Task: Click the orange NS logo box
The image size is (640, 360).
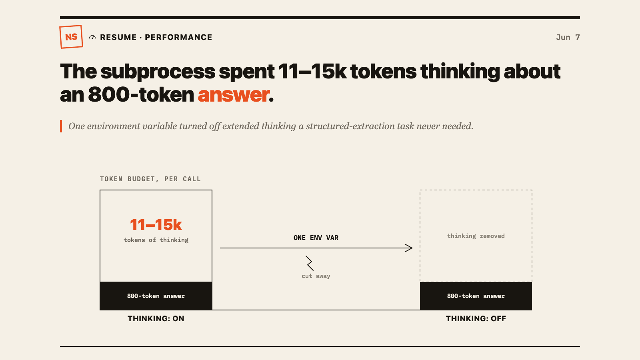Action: (x=71, y=37)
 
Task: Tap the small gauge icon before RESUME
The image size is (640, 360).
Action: (x=92, y=38)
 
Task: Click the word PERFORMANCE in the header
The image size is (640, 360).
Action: (x=178, y=38)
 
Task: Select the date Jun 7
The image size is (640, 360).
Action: (x=568, y=38)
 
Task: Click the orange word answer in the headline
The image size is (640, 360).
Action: (x=234, y=94)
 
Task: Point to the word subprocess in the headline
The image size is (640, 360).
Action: (x=158, y=72)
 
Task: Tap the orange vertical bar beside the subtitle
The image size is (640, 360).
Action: (x=61, y=126)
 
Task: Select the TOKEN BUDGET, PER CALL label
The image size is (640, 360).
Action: (x=150, y=179)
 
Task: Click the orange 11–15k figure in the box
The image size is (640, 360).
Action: (x=156, y=225)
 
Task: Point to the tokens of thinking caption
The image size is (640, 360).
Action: (x=156, y=240)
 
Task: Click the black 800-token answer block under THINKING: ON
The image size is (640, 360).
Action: (x=156, y=296)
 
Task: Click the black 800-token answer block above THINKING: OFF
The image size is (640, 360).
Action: (x=476, y=296)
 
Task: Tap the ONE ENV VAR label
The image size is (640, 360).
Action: (x=316, y=238)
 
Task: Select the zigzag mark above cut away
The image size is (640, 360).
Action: (x=310, y=263)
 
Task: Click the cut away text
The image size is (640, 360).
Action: (x=316, y=276)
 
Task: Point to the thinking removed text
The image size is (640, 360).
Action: (x=476, y=236)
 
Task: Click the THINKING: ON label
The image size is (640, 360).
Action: (x=156, y=318)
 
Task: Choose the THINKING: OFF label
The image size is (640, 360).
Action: (x=476, y=318)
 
